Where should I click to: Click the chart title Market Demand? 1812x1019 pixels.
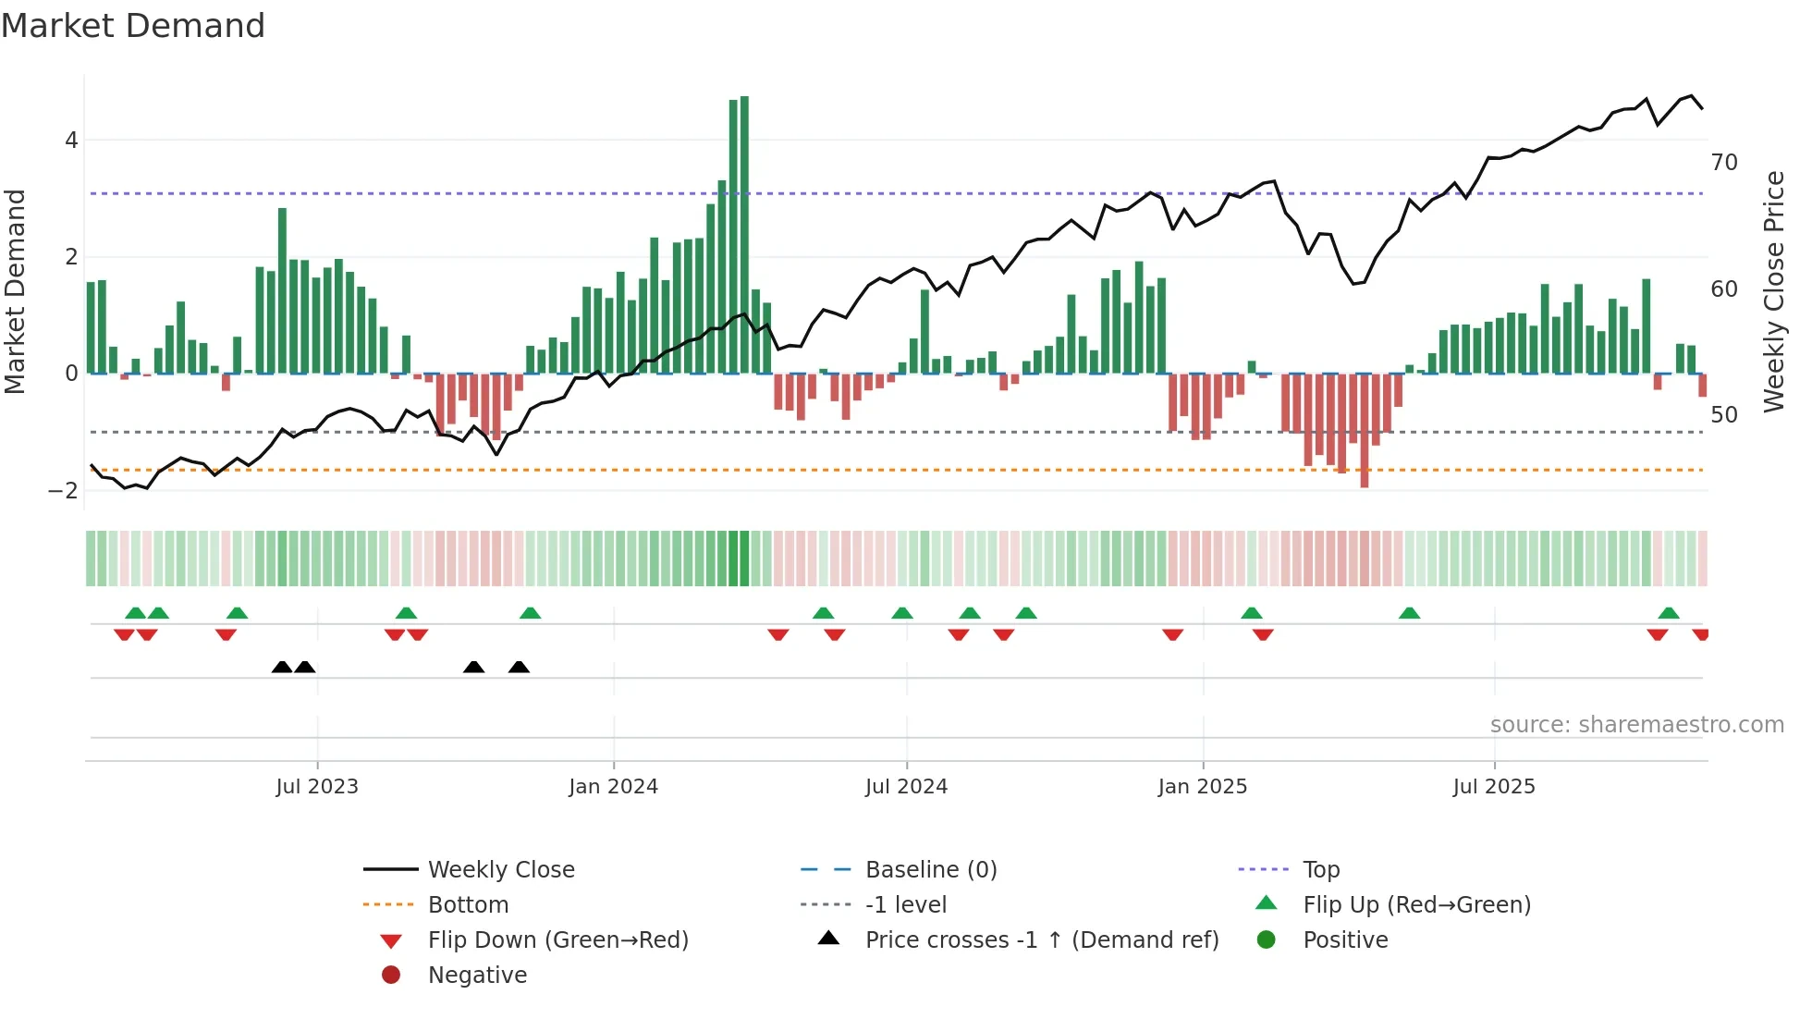[x=133, y=26]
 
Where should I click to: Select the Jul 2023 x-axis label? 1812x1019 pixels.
[x=317, y=787]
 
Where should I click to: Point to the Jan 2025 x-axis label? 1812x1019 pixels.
[x=1202, y=787]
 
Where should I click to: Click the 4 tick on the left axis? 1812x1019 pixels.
[x=71, y=141]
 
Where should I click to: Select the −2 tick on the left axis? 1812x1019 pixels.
[x=64, y=491]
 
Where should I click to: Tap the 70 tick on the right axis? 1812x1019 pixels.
[x=1724, y=163]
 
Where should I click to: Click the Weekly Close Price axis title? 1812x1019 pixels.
[x=1773, y=291]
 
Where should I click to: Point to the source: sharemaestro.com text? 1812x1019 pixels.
[x=1636, y=725]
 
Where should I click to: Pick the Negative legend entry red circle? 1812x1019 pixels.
[x=391, y=976]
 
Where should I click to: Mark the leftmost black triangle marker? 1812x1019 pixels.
[x=282, y=667]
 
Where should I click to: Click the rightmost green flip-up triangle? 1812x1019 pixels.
[x=1669, y=613]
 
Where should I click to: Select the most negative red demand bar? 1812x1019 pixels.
[x=1364, y=430]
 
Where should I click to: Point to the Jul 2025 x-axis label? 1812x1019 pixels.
[x=1493, y=787]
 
